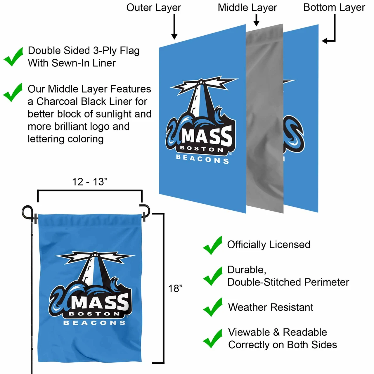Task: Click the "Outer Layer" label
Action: (153, 8)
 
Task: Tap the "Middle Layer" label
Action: (247, 8)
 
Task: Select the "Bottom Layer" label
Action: (334, 8)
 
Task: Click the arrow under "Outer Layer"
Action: (174, 27)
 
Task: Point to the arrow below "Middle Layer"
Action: (256, 20)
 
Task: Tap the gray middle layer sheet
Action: (265, 118)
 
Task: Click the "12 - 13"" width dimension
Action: (90, 182)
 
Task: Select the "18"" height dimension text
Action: (175, 289)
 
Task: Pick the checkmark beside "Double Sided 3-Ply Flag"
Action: (13, 57)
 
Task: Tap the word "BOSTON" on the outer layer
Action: (202, 149)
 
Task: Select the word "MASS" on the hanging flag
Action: (100, 302)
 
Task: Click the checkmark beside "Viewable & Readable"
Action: (212, 339)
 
